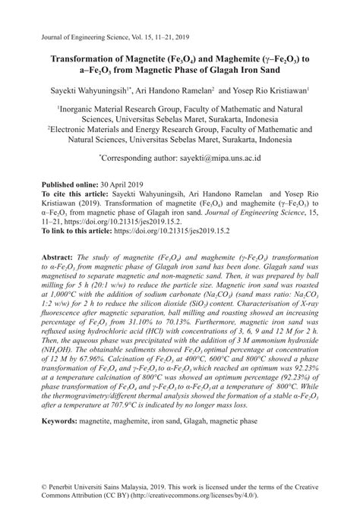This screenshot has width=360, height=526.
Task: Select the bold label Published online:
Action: (67, 185)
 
